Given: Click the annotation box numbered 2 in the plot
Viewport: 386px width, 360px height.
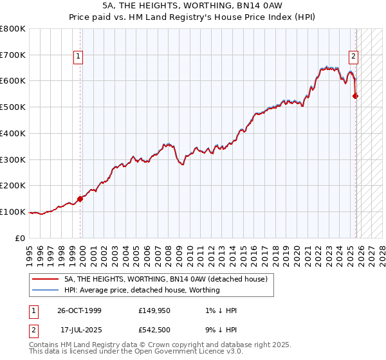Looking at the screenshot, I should tap(353, 56).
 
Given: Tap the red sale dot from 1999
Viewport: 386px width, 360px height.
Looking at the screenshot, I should tap(80, 199).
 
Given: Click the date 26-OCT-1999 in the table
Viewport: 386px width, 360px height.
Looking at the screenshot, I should tap(78, 310).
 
